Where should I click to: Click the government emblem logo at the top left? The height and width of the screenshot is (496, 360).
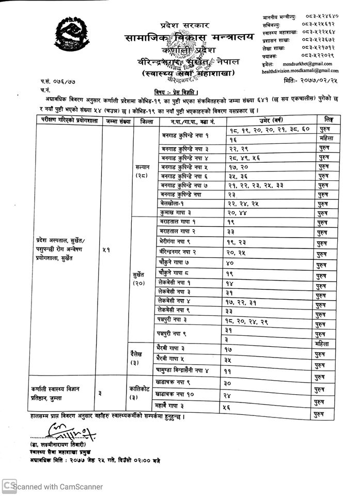pos(75,36)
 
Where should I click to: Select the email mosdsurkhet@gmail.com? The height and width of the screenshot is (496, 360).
pos(300,64)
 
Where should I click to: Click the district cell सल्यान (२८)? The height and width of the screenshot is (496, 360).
pos(140,171)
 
